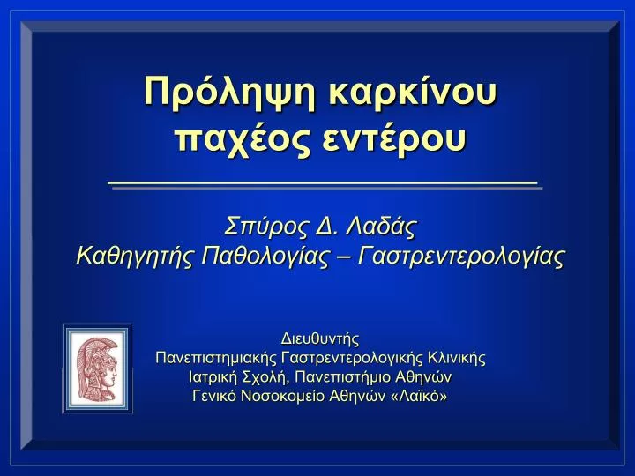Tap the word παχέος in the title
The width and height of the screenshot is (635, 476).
click(x=243, y=139)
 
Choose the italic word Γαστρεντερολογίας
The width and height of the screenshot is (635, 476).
click(x=461, y=257)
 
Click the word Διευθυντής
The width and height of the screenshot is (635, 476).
click(x=320, y=338)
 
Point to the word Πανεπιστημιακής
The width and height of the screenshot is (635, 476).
click(x=215, y=358)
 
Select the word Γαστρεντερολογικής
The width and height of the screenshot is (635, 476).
click(x=352, y=358)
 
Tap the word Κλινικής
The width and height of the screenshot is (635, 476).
click(x=457, y=357)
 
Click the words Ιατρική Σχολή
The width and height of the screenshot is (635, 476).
click(x=239, y=377)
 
